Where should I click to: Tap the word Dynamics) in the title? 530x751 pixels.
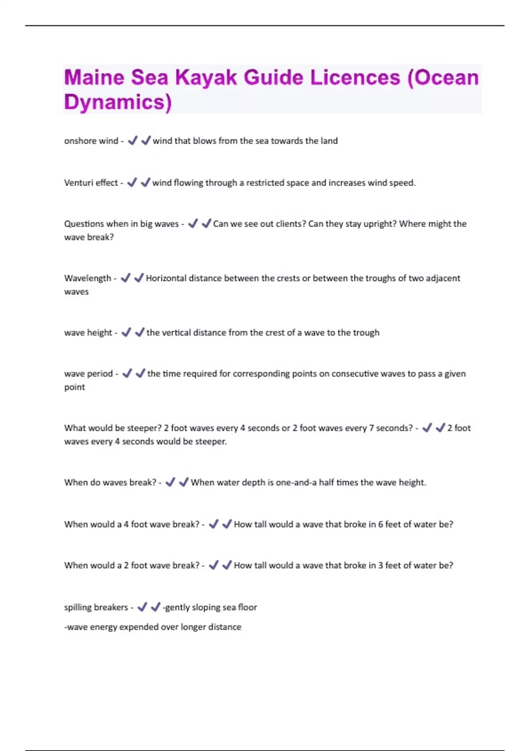point(117,102)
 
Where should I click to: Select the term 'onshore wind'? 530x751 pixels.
point(91,141)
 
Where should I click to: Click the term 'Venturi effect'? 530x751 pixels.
point(91,183)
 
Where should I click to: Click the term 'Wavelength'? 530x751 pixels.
point(87,278)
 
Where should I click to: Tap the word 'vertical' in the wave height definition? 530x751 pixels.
point(180,333)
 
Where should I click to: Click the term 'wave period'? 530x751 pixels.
point(88,374)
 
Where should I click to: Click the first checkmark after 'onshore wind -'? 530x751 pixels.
point(132,141)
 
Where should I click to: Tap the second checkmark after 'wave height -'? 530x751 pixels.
point(140,332)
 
